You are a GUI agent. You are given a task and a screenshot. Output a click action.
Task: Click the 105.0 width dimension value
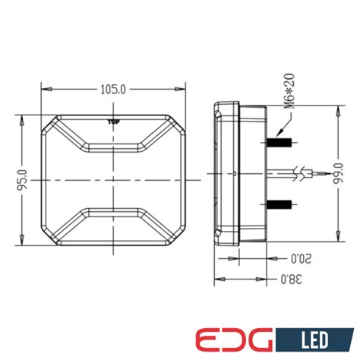pyautogui.click(x=112, y=90)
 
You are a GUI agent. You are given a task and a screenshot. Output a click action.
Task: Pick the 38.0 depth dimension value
pyautogui.click(x=289, y=279)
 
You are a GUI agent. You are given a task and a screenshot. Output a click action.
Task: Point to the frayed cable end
pyautogui.click(x=306, y=174)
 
